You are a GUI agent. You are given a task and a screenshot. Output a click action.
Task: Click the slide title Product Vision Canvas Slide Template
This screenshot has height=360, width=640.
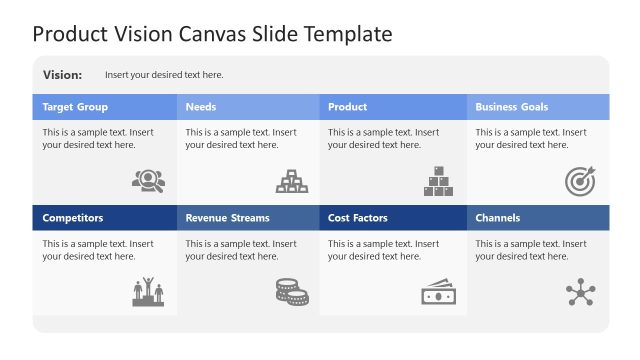pyautogui.click(x=212, y=34)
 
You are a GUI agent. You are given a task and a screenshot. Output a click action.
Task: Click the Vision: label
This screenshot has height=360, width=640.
pyautogui.click(x=63, y=75)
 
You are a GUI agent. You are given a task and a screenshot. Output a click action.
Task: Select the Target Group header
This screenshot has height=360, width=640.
pyautogui.click(x=75, y=107)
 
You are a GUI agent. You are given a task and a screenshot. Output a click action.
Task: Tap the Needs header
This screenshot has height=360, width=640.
pyautogui.click(x=200, y=107)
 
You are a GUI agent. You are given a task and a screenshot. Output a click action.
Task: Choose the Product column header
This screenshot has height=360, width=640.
pyautogui.click(x=347, y=107)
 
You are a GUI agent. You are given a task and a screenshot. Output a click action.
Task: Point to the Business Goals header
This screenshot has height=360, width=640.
pyautogui.click(x=511, y=107)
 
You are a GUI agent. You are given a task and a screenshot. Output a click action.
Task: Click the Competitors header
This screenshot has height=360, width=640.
pyautogui.click(x=72, y=218)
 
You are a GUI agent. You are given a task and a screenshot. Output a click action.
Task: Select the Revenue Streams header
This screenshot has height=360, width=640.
pyautogui.click(x=227, y=218)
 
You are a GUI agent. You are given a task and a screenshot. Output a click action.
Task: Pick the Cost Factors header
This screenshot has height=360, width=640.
pyautogui.click(x=358, y=218)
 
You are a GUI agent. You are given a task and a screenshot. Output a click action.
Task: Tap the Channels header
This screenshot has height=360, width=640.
pyautogui.click(x=497, y=218)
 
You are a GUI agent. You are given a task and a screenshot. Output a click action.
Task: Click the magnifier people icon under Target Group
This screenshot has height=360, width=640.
pyautogui.click(x=148, y=181)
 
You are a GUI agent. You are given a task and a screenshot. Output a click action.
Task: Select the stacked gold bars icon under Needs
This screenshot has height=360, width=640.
pyautogui.click(x=292, y=181)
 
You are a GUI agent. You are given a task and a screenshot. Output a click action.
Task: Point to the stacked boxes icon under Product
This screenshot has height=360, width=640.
pyautogui.click(x=438, y=181)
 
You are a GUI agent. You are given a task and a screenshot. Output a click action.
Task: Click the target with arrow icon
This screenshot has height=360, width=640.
pyautogui.click(x=580, y=181)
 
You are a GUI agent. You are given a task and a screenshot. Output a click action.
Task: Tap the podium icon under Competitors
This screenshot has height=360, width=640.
pyautogui.click(x=148, y=292)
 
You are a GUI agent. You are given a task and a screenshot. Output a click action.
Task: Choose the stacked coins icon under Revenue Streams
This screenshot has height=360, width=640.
pyautogui.click(x=292, y=292)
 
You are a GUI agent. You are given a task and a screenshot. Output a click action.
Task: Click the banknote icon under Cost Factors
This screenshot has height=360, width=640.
pyautogui.click(x=438, y=292)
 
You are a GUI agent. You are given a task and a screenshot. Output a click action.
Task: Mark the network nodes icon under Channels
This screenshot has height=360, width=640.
pyautogui.click(x=580, y=292)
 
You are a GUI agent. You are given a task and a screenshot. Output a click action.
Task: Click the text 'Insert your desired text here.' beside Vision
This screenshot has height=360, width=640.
pyautogui.click(x=164, y=75)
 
